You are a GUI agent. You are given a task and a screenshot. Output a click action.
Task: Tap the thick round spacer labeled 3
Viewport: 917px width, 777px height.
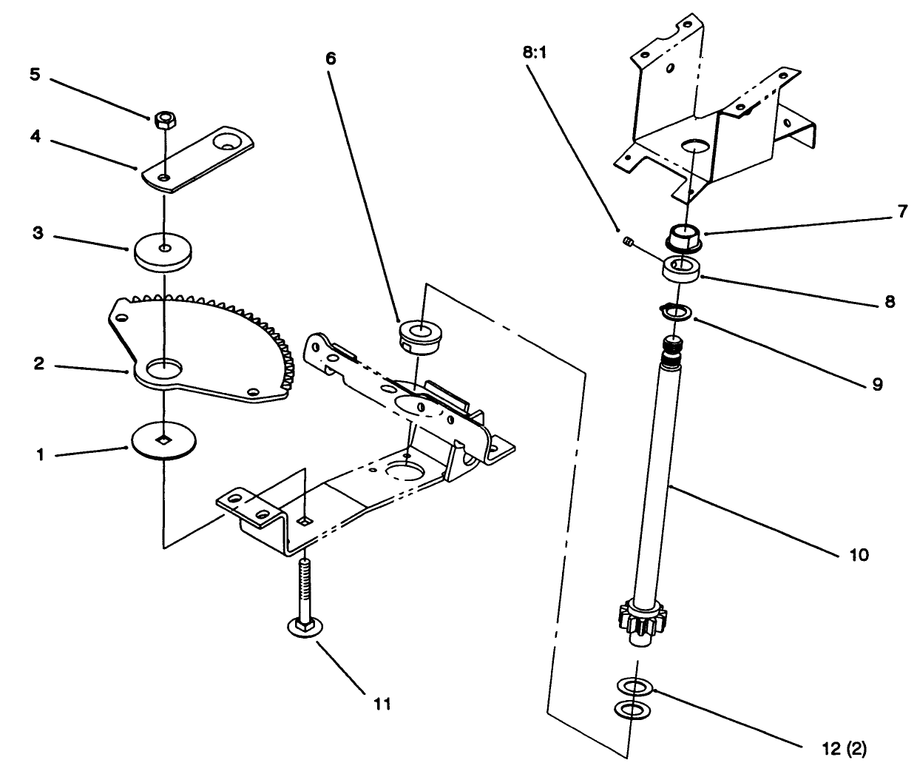coord(162,252)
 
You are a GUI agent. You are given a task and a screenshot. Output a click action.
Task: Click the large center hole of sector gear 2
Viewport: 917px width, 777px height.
coord(163,366)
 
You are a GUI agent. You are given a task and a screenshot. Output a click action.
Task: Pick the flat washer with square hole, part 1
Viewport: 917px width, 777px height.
coord(163,440)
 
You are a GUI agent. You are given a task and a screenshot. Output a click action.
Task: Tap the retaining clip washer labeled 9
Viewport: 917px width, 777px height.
coord(675,313)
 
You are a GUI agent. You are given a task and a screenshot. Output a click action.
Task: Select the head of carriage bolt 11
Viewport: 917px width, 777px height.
coord(302,628)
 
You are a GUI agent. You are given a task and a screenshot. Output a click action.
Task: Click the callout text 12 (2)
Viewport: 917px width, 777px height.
coord(842,749)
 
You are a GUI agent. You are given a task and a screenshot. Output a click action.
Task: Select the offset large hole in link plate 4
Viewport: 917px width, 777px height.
coord(228,141)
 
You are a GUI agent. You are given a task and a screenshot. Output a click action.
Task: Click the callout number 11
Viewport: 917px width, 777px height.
coord(380,703)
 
